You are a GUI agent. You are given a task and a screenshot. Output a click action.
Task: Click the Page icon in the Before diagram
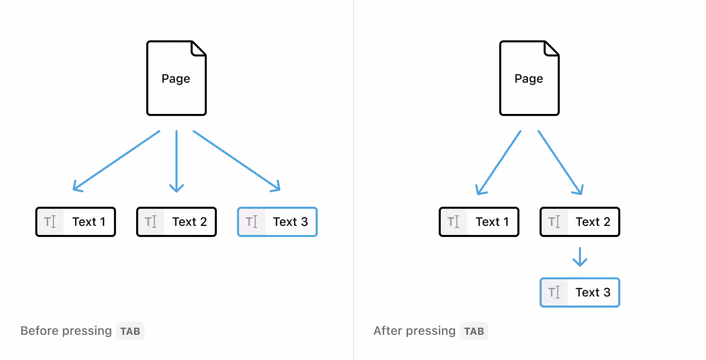point(176,79)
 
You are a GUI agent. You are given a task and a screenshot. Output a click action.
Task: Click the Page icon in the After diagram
point(529,79)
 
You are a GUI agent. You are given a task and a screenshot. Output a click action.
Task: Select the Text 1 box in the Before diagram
point(76,222)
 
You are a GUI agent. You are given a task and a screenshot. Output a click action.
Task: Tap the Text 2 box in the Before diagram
point(177,222)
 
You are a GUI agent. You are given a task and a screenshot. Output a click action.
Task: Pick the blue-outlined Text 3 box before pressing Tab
point(277,222)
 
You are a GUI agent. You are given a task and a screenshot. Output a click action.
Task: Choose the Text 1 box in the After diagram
point(479,222)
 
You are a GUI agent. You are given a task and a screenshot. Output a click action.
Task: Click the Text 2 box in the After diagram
point(580,222)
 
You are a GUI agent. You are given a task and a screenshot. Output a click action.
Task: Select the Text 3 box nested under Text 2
point(580,292)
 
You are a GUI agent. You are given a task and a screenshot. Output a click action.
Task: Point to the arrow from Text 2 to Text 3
point(580,257)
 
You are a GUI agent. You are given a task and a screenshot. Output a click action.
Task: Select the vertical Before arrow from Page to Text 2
point(177,161)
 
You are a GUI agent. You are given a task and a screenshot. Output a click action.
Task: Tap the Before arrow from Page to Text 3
point(236,160)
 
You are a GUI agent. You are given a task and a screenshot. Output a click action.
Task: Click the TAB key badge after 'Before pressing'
point(130,331)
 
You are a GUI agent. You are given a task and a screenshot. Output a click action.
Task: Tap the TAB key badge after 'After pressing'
point(474,331)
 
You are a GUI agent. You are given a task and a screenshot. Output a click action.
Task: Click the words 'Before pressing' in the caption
point(66,331)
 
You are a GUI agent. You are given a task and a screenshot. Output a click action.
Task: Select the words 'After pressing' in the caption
point(415,331)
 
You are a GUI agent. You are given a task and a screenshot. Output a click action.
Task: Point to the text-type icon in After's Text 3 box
point(554,292)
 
